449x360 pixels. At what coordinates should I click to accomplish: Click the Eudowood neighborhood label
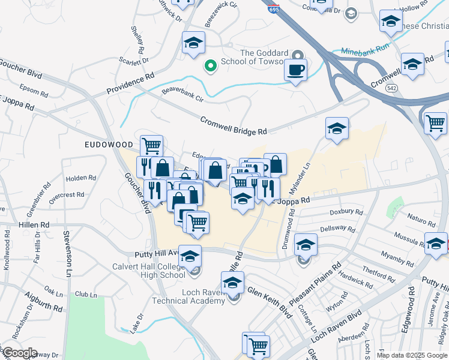click(108, 145)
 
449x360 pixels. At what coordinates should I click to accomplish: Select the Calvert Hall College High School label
click(148, 271)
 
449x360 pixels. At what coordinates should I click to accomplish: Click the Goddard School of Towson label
click(264, 57)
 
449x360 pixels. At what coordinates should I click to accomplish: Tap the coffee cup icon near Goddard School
click(295, 70)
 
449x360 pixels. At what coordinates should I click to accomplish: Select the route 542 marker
click(391, 88)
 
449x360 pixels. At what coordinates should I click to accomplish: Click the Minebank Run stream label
click(365, 50)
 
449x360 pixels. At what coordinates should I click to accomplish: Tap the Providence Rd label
click(130, 84)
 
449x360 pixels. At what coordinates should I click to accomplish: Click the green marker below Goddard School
click(210, 65)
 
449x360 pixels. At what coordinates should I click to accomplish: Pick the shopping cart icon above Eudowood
click(151, 145)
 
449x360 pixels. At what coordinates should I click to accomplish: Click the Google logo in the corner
click(20, 353)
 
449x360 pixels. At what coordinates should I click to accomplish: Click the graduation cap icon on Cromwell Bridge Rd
click(337, 128)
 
